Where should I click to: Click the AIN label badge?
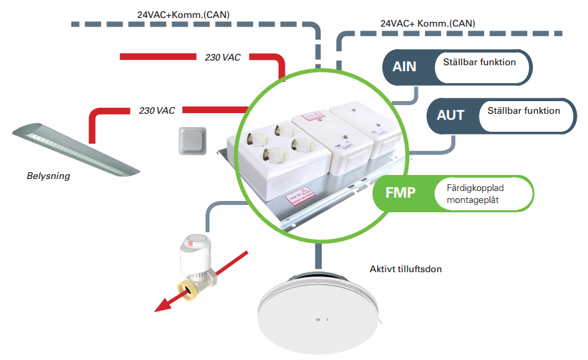pos(404,67)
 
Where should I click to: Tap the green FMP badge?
pos(400,194)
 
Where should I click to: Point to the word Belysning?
pos(48,177)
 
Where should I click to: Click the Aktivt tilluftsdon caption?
pos(406,270)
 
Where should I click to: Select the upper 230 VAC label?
pos(222,57)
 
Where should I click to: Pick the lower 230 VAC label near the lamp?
pos(157,110)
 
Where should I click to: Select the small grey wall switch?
pos(192,141)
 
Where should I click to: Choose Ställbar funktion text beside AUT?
pos(523,110)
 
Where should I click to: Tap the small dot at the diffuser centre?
pos(320,320)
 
